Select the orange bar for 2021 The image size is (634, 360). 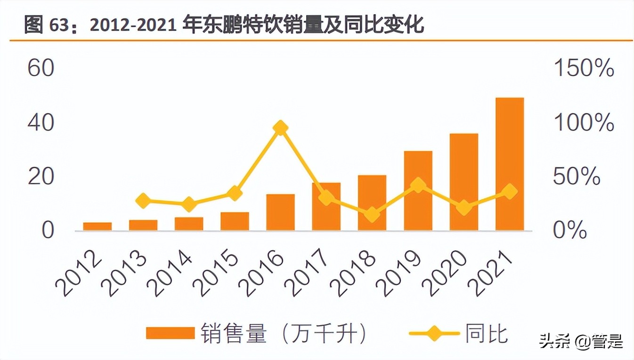click(510, 164)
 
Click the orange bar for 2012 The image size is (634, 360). click(98, 227)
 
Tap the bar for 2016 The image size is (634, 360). click(280, 212)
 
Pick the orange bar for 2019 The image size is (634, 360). click(418, 191)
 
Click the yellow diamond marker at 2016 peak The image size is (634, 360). click(281, 128)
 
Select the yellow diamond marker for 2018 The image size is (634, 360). click(372, 215)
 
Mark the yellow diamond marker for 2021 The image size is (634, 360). click(510, 192)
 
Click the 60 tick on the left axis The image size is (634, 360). click(41, 69)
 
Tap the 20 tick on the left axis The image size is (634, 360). click(41, 177)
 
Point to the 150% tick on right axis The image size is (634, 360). click(584, 69)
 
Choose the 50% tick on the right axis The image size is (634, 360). click(577, 177)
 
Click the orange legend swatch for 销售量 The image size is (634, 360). click(170, 333)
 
